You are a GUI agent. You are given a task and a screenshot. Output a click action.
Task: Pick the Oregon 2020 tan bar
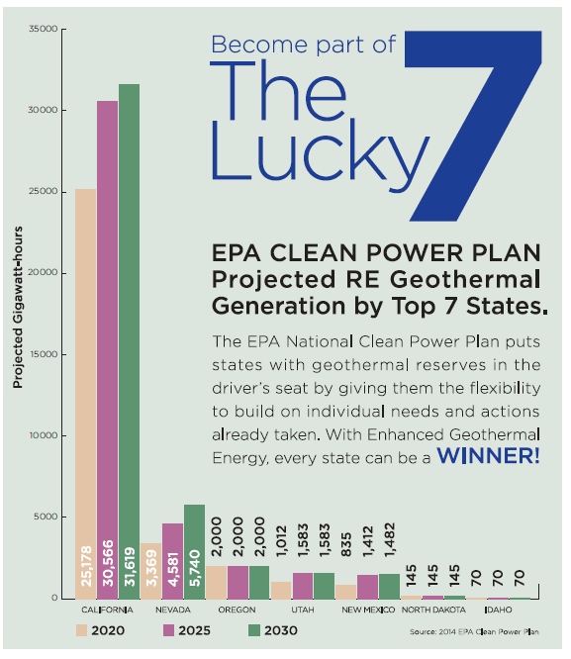[217, 582]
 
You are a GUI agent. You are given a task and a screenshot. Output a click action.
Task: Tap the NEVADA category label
[173, 610]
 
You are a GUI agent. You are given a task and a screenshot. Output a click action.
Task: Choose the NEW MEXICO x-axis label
[370, 610]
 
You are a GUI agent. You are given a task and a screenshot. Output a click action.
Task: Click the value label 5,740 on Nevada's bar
[195, 570]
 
